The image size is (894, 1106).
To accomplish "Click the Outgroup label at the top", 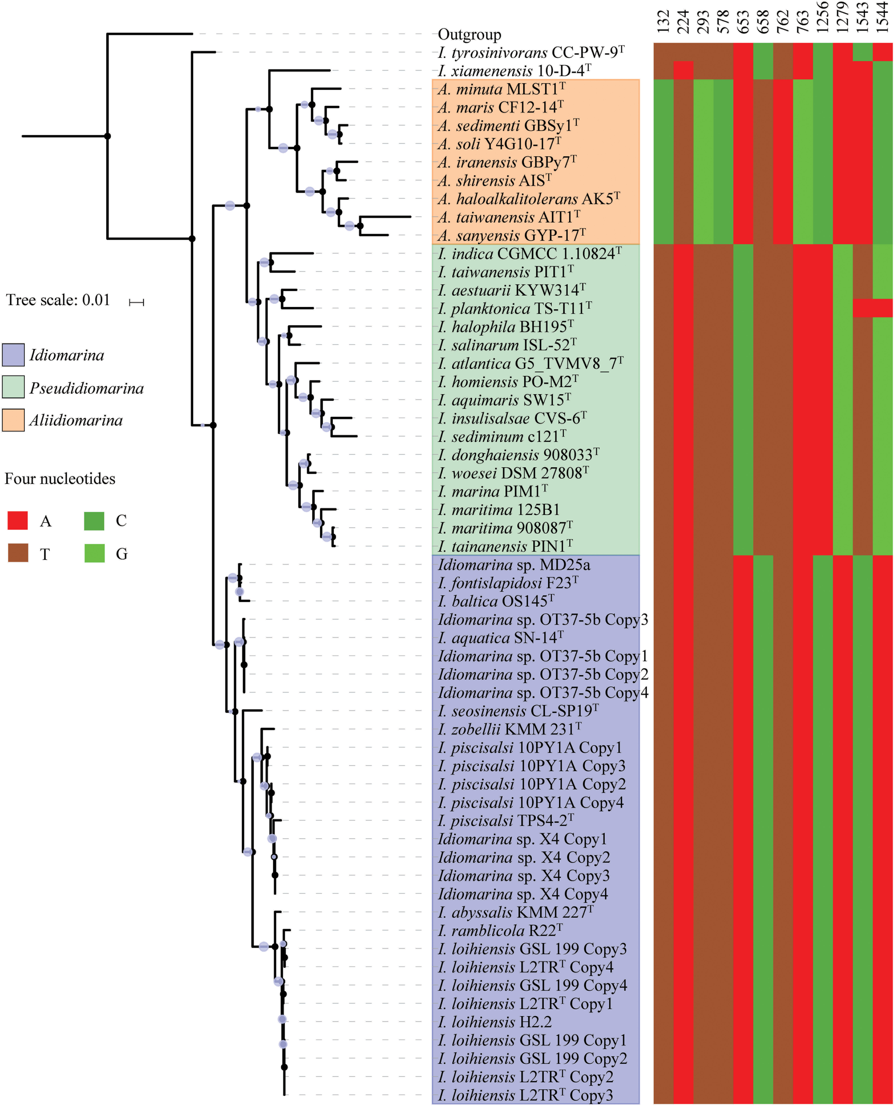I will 469,35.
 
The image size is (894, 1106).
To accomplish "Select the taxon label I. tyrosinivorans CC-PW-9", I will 531,53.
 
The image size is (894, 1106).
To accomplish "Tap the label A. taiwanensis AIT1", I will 508,217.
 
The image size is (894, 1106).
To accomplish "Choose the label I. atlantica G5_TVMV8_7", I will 530,364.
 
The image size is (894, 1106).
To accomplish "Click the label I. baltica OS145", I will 495,601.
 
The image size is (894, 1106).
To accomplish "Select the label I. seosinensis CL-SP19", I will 518,711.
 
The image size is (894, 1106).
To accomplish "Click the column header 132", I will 663,22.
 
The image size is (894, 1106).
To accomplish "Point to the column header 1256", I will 823,18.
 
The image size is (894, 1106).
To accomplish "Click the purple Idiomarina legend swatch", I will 13,355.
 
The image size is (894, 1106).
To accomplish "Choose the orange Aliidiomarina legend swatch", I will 13,420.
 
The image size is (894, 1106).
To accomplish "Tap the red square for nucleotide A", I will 18,521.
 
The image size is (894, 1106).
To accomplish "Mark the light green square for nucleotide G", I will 94,554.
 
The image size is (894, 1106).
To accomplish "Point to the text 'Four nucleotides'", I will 60,479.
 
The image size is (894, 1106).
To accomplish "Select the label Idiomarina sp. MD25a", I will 513,565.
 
